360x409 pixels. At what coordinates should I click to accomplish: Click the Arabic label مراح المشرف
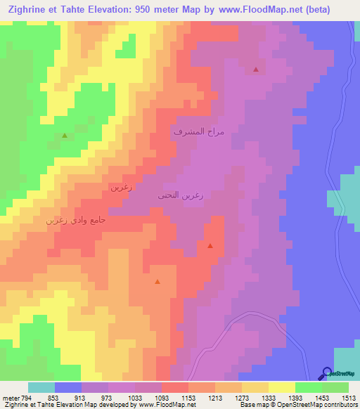point(198,131)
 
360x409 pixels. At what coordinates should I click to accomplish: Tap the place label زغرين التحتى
point(181,196)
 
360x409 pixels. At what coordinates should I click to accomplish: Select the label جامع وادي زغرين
point(76,219)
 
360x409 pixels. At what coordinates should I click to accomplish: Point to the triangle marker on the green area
point(65,135)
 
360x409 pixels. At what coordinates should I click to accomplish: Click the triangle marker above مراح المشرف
point(256,70)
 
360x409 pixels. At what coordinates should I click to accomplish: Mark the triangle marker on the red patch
point(210,246)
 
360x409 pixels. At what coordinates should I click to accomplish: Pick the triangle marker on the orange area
point(157,282)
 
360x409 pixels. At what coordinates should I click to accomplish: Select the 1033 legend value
point(136,398)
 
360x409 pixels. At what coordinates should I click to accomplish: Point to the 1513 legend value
point(349,398)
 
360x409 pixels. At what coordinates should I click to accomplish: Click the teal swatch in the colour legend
point(41,387)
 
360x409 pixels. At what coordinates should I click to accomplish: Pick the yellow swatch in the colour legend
point(281,387)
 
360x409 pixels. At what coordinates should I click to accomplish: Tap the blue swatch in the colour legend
point(68,387)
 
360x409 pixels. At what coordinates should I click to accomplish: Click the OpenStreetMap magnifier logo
point(327,374)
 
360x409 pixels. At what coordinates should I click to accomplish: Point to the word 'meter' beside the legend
point(9,398)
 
